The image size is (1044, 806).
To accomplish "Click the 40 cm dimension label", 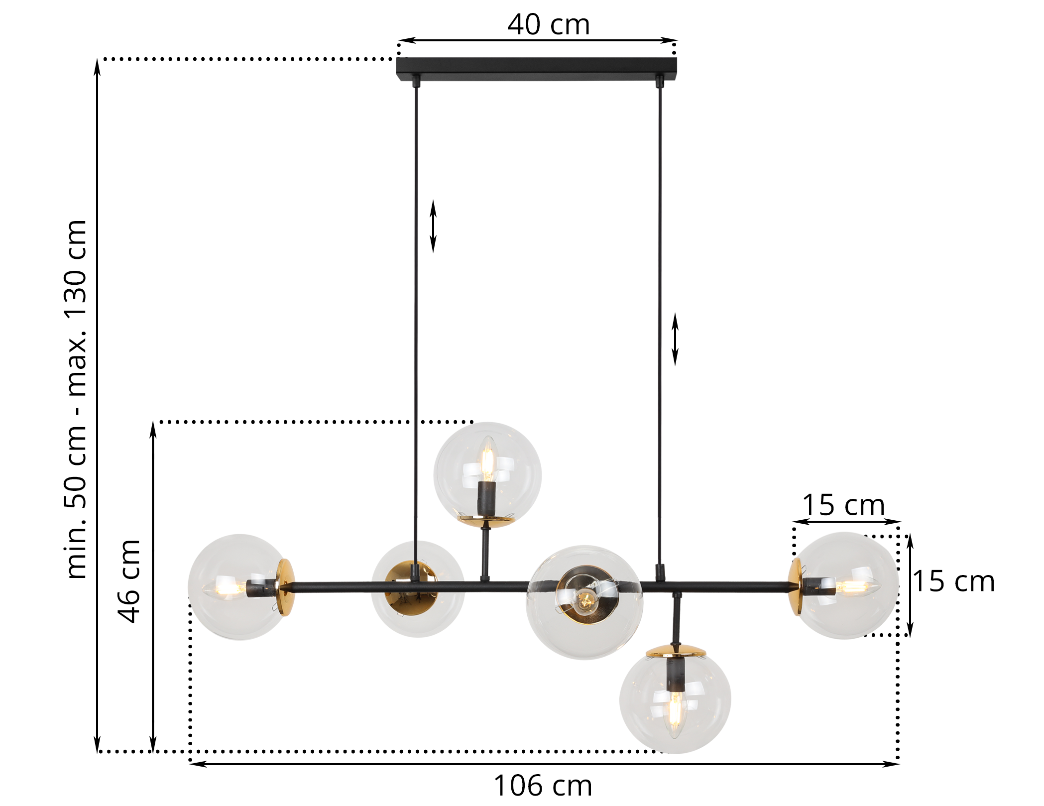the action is tap(549, 25).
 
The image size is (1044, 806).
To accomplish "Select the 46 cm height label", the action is tap(129, 580).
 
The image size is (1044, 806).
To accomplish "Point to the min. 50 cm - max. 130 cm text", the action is tap(76, 399).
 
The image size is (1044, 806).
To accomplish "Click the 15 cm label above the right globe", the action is tap(843, 505).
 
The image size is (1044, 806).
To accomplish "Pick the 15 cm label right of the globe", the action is tap(953, 581).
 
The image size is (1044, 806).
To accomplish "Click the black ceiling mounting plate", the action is tap(536, 69).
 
